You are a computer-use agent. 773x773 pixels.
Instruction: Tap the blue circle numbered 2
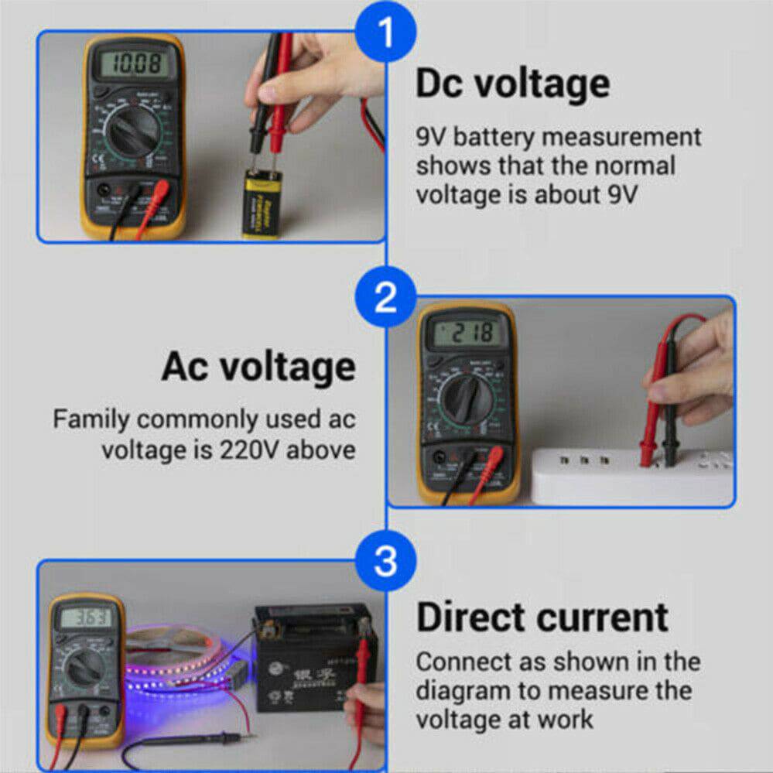tap(385, 297)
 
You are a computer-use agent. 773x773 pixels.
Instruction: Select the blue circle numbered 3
tap(385, 561)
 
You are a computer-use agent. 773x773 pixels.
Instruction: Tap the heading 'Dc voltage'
tap(512, 84)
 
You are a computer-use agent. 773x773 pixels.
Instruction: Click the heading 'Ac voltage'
tap(258, 367)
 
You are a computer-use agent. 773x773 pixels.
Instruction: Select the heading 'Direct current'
tap(542, 617)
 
